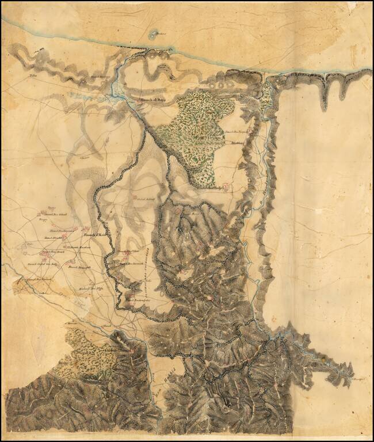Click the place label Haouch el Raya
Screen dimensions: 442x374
coord(152,100)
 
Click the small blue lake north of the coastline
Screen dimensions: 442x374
coord(152,35)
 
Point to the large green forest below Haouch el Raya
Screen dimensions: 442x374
coord(196,135)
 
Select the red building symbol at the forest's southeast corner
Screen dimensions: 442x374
coord(226,186)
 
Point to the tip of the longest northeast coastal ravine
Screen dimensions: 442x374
coord(325,106)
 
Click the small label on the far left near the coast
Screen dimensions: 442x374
coord(32,75)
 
